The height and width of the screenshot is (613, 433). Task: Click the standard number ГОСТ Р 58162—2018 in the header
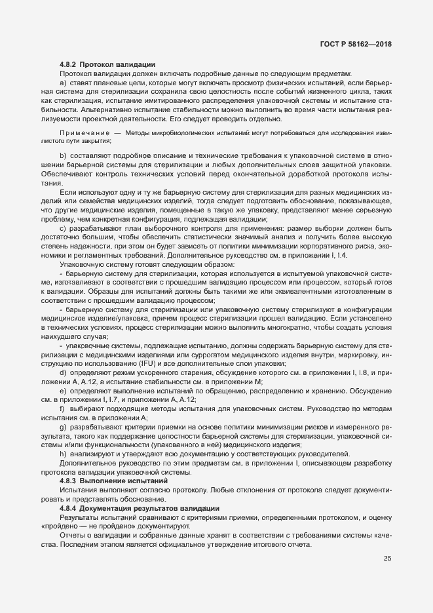tap(356, 43)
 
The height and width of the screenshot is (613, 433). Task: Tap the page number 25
tap(387, 559)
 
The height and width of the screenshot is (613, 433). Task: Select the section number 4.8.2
tap(69, 64)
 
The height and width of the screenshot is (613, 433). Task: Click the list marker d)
tap(63, 372)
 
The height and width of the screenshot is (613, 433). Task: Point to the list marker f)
tap(63, 408)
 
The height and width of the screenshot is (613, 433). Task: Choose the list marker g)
tap(63, 427)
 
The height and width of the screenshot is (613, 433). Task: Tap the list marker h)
tap(63, 454)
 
